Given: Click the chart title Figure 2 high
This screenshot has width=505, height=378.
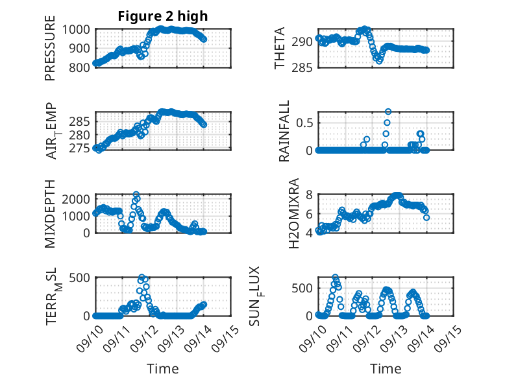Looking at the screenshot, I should click(162, 16).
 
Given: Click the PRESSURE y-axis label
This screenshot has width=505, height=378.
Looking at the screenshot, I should click(50, 48).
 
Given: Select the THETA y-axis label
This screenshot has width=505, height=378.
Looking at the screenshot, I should click(280, 48).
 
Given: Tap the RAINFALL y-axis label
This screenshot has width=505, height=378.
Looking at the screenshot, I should click(284, 131).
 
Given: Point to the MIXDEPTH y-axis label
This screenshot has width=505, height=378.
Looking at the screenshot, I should click(50, 213).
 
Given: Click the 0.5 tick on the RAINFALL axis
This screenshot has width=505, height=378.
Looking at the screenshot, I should click(305, 122).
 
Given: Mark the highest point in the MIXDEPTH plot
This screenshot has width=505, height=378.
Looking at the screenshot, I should click(136, 195).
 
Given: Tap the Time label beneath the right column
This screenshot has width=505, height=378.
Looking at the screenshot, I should click(386, 369).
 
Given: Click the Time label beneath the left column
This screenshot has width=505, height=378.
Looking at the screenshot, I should click(163, 369).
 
